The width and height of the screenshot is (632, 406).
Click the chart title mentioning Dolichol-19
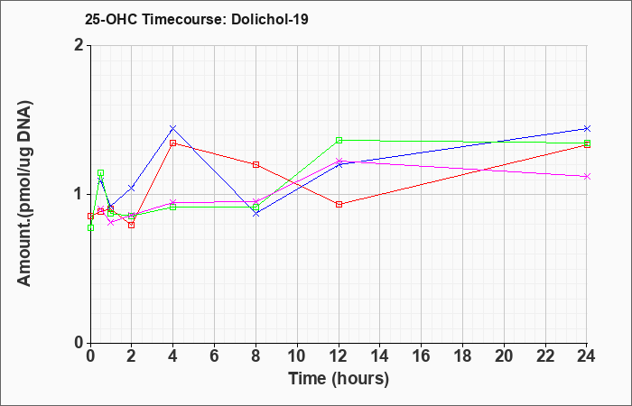(196, 19)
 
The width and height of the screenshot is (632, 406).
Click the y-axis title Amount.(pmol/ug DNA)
(25, 194)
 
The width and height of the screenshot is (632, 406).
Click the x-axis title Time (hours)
(339, 379)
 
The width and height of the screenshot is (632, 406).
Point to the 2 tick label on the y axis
(80, 45)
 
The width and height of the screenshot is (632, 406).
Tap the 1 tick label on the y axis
(80, 195)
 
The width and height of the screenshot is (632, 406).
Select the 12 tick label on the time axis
(339, 356)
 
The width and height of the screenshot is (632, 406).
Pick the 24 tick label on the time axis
(587, 356)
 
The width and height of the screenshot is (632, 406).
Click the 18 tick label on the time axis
(462, 356)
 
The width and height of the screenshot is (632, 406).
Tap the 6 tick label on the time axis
(215, 356)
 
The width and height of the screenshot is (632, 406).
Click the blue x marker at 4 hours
(173, 128)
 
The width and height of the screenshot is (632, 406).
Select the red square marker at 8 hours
(256, 165)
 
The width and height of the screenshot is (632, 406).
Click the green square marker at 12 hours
(339, 140)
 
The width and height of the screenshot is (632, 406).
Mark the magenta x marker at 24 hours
(587, 177)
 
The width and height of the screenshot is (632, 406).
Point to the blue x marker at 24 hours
(587, 128)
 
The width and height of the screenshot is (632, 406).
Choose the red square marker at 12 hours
(339, 204)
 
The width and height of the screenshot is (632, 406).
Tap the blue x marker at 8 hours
(256, 214)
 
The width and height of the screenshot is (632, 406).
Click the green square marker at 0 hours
(90, 227)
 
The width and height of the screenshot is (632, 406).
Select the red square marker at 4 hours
(173, 143)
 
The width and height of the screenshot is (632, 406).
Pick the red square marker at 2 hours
(132, 226)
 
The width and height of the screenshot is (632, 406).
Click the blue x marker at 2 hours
(132, 188)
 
